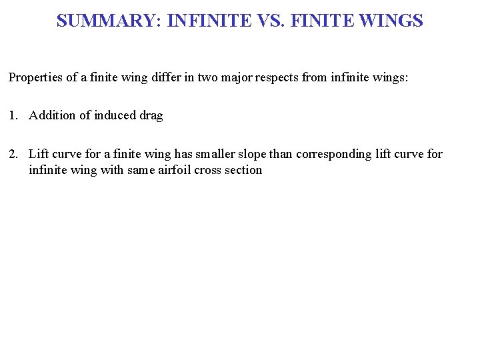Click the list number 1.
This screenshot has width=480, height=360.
(13, 115)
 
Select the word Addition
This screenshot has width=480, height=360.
(52, 115)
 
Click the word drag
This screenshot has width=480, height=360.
(151, 115)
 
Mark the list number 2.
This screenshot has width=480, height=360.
(13, 154)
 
